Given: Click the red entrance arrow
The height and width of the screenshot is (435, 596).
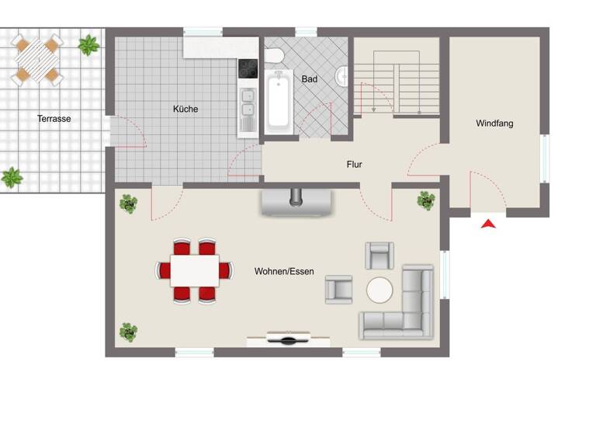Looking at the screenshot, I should click(488, 224).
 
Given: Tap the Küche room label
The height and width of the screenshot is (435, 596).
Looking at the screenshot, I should click(185, 110).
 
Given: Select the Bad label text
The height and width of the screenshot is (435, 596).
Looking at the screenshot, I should click(310, 79).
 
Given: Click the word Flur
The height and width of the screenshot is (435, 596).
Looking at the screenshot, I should click(355, 165).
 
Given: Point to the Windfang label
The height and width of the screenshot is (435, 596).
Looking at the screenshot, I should click(494, 124).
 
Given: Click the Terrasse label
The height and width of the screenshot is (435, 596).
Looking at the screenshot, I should click(54, 119).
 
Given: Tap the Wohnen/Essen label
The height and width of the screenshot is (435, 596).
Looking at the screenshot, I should click(284, 271).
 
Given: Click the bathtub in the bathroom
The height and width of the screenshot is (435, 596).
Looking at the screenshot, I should click(279, 102).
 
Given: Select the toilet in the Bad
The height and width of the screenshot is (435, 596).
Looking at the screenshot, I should click(274, 56).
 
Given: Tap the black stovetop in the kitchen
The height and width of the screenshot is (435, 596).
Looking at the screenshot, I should click(248, 69).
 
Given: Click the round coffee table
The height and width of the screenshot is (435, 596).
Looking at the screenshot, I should click(379, 291).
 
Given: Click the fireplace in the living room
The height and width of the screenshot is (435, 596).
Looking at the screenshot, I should click(295, 201).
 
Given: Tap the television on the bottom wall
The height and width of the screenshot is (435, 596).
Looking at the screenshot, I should click(289, 338).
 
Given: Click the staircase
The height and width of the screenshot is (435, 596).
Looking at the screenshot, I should click(396, 78).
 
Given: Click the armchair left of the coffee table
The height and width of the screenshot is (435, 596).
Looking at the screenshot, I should click(338, 288).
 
